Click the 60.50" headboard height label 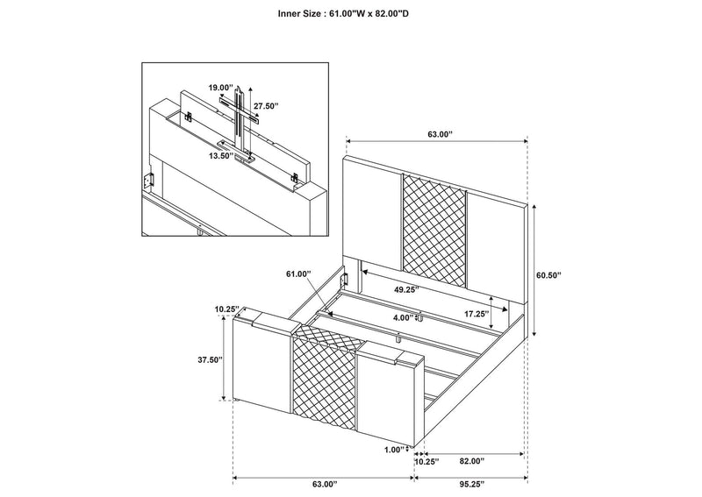click(x=548, y=275)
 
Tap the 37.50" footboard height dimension click(x=210, y=359)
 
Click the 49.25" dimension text click(x=406, y=289)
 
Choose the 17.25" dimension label click(x=476, y=314)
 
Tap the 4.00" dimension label click(x=404, y=317)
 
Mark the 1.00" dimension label click(x=394, y=450)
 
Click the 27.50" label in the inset click(x=266, y=106)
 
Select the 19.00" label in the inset click(x=221, y=87)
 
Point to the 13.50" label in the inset click(x=221, y=156)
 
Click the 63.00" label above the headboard click(x=441, y=134)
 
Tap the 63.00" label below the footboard click(x=324, y=484)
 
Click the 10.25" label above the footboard click(x=226, y=309)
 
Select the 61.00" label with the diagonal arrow click(x=298, y=274)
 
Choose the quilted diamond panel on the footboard click(x=325, y=379)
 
